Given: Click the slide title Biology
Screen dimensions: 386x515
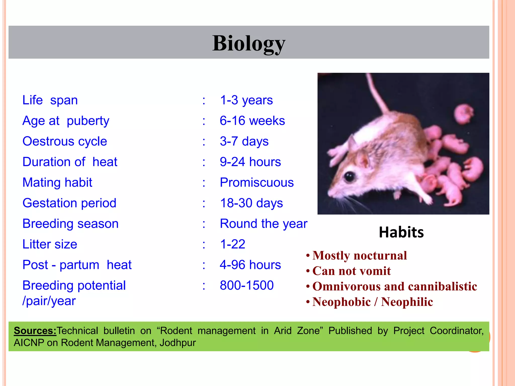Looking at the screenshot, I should click(249, 43).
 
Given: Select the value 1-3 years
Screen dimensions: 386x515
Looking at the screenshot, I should click(246, 100).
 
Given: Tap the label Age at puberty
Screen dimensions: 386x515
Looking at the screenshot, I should click(66, 121).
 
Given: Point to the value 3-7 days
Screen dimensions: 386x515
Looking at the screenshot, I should click(244, 141).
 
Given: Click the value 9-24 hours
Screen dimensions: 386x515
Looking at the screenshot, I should click(250, 162).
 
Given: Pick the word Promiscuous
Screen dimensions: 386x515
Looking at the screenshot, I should click(256, 182).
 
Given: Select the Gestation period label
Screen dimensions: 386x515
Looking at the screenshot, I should click(69, 203).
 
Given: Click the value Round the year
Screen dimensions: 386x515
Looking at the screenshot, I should click(263, 224).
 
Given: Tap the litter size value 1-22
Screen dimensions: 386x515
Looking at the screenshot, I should click(232, 244).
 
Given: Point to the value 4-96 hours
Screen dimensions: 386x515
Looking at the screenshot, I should click(250, 265).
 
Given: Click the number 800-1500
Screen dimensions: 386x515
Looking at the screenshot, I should click(246, 285).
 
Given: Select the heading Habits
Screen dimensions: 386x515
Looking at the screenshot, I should click(401, 232).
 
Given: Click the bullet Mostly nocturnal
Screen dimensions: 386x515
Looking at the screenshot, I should click(359, 256).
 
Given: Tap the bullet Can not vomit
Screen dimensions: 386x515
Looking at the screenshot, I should click(351, 271).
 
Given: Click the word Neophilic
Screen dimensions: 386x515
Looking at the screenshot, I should click(407, 302).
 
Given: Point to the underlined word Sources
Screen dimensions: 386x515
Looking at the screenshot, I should click(35, 331).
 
